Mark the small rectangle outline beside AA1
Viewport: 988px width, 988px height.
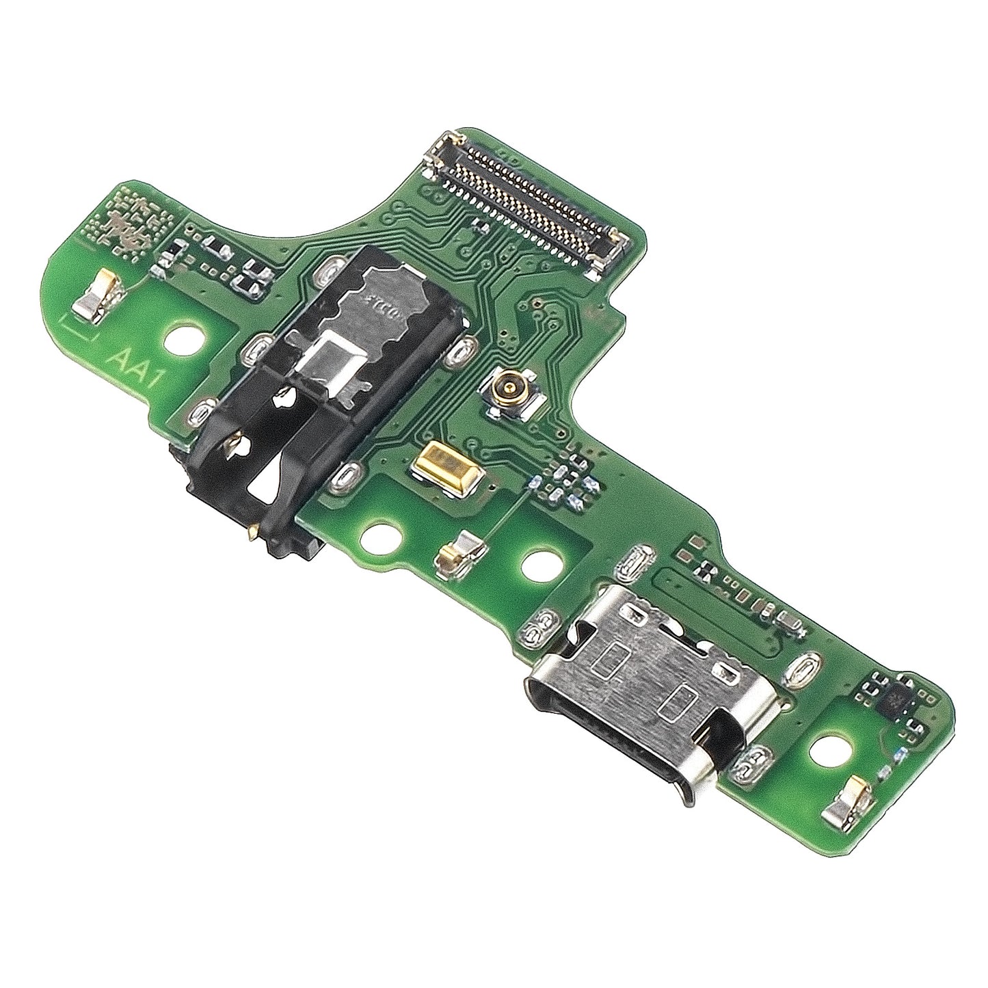tap(77, 328)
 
